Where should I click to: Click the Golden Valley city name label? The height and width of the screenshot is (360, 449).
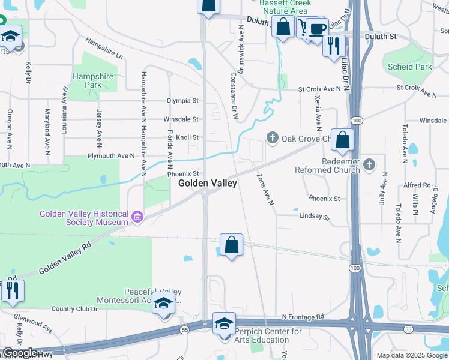tap(207, 184)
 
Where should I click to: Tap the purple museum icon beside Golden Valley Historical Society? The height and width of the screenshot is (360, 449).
tap(137, 217)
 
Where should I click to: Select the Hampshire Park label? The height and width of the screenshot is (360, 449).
tap(87, 80)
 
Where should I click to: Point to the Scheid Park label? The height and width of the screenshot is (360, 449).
tap(410, 67)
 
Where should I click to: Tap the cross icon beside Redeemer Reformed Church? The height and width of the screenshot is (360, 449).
tap(369, 163)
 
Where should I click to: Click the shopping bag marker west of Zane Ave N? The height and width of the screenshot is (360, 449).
tap(231, 245)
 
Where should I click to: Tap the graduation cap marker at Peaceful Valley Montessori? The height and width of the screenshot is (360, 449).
tap(163, 304)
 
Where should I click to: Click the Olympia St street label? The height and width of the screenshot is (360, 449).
tap(182, 101)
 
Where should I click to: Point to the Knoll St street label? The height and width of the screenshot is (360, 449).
tap(187, 137)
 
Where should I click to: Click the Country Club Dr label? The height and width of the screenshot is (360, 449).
tap(74, 309)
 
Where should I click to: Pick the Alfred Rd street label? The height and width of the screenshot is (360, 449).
tap(417, 185)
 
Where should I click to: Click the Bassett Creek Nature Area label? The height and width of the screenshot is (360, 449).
tap(283, 7)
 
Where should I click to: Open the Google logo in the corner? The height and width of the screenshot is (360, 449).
tap(20, 353)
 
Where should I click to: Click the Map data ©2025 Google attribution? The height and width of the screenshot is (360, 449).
tap(411, 355)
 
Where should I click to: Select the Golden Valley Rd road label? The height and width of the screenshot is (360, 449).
tap(65, 259)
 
